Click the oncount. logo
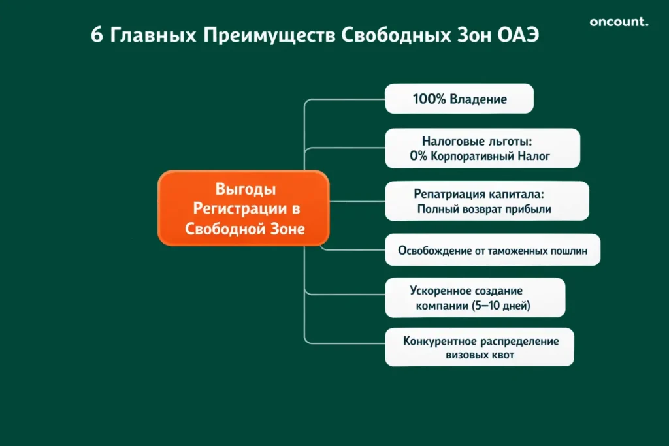pyautogui.click(x=619, y=22)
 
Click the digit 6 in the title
pyautogui.click(x=96, y=35)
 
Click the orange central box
pyautogui.click(x=243, y=208)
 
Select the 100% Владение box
pyautogui.click(x=459, y=99)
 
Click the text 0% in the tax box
pyautogui.click(x=418, y=157)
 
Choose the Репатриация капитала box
pyautogui.click(x=487, y=201)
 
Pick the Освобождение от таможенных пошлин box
pyautogui.click(x=492, y=250)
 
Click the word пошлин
pyautogui.click(x=569, y=250)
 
